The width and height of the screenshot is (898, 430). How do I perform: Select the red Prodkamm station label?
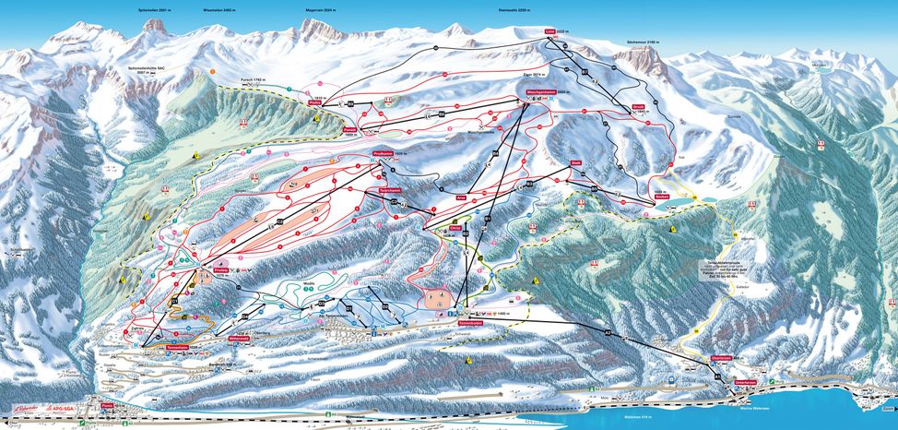coord(384,154)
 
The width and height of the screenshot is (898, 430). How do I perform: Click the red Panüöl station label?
coord(350,130)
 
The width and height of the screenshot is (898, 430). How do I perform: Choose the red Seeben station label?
coord(661,197)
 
